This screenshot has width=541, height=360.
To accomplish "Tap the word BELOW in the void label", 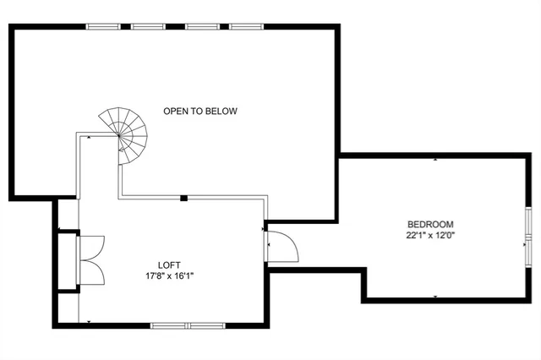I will click(223, 111).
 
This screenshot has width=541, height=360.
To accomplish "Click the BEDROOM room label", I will click(429, 224).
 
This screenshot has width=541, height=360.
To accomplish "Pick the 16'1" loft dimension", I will click(190, 275).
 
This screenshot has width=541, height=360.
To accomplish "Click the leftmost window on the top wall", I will click(104, 26).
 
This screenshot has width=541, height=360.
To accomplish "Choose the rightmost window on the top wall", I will click(245, 26).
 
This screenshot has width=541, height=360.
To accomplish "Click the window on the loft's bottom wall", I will click(183, 325).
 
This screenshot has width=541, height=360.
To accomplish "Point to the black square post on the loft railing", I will click(183, 198).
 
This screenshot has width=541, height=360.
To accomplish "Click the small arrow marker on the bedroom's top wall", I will click(435, 159).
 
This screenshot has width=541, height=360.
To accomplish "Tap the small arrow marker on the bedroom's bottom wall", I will click(435, 297).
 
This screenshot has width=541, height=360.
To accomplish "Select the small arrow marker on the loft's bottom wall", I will click(90, 321).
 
